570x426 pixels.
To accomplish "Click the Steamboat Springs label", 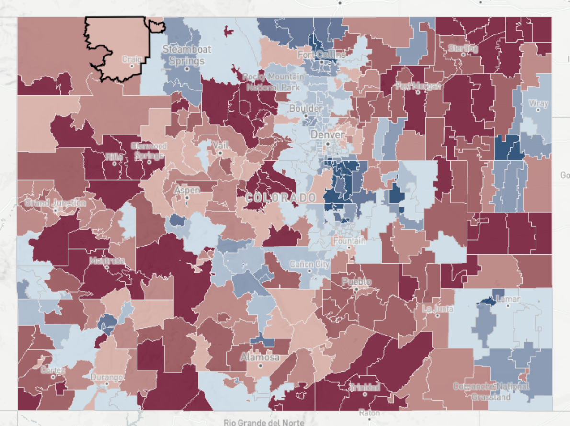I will pos(186,55).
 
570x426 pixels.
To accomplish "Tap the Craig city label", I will pos(131,59).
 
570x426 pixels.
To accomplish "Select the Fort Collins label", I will pos(321,55).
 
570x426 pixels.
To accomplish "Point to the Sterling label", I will pos(463,48).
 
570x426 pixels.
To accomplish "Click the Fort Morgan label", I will pos(418,86).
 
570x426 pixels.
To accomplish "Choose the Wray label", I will pos(538,103).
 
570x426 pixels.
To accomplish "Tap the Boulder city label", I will pos(306,109).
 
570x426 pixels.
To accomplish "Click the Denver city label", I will pos(327,135).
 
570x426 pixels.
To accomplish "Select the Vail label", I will pos(220,146).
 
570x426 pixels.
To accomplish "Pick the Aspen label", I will pos(187,190).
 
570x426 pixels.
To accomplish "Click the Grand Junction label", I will pos(55,203).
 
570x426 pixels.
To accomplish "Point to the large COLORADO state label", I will pos(281,198).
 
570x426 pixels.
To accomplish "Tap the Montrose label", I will pos(107,261).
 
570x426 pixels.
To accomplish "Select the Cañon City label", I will pos(309,264).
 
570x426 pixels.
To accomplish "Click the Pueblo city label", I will pos(356,282).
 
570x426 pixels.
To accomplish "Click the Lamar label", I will pos(508,299).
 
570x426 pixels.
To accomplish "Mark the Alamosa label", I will pos(260,358).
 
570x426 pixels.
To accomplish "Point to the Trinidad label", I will pos(365,387).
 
